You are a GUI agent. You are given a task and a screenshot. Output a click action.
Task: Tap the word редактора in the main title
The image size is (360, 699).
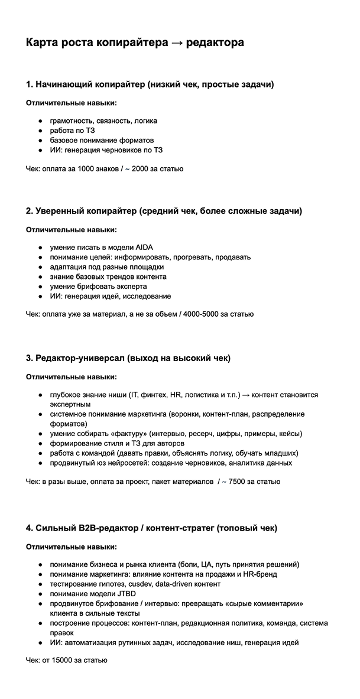(215, 43)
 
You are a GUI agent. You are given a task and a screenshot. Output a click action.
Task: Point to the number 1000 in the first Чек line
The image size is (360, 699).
(87, 168)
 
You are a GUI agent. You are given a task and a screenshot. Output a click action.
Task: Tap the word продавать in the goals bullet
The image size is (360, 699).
(233, 257)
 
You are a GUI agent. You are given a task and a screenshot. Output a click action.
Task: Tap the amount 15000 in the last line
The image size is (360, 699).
(61, 660)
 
